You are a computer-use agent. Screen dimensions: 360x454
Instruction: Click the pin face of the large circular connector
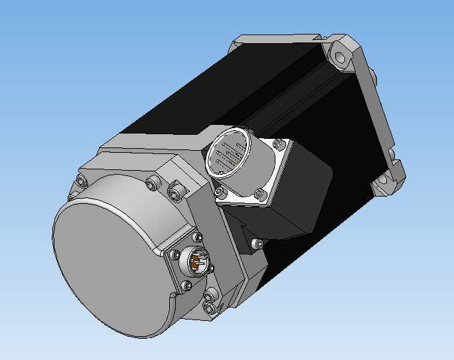(227, 158)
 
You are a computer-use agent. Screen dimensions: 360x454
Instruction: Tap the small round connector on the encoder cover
(197, 261)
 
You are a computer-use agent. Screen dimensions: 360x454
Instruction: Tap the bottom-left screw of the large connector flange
(220, 192)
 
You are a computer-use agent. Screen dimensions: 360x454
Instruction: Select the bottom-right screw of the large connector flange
(259, 194)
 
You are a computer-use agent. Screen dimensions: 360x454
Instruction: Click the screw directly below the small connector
(187, 286)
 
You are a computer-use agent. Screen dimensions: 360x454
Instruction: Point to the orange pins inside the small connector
(197, 264)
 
